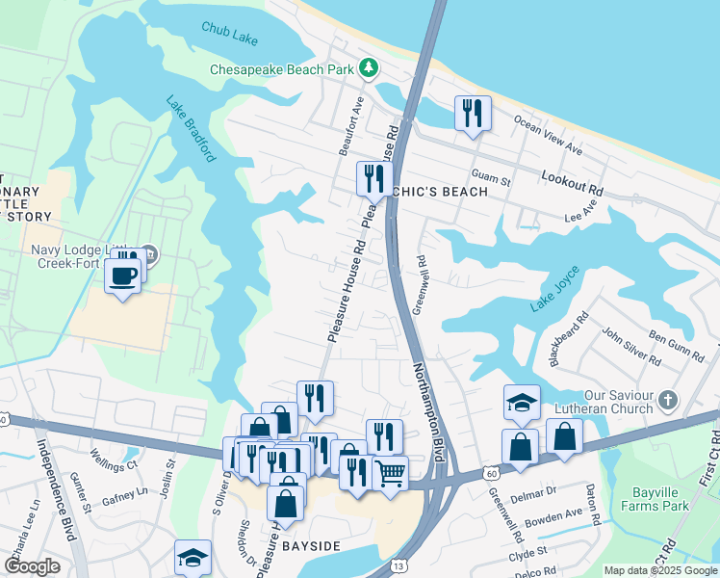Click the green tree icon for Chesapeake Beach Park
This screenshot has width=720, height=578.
(367, 68)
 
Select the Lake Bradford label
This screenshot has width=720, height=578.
(189, 127)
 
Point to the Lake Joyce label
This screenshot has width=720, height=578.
(554, 289)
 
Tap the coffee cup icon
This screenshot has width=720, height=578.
(122, 276)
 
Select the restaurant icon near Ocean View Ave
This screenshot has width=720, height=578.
(473, 113)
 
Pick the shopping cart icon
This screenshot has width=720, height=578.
(390, 472)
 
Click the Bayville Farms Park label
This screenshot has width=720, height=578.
(654, 498)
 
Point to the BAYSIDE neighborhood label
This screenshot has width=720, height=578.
(310, 546)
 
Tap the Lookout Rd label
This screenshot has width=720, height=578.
(571, 179)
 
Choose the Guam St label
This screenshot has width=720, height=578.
(491, 174)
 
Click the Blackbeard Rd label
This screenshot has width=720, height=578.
(568, 338)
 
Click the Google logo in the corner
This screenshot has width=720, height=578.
(33, 566)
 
